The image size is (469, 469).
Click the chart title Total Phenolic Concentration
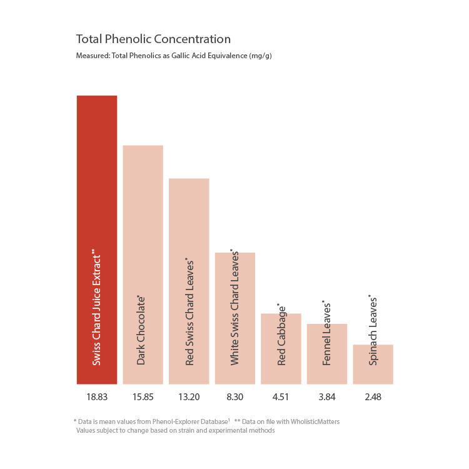[x=153, y=39]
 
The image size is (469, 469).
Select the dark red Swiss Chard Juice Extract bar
[x=97, y=188]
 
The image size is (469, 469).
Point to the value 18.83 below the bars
[x=97, y=396]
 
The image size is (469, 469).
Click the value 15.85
[x=143, y=396]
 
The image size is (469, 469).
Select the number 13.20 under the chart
[x=189, y=396]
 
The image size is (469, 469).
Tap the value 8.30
[x=235, y=396]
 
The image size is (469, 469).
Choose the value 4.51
[x=281, y=396]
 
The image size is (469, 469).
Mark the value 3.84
[x=327, y=396]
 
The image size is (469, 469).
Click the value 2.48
[x=373, y=396]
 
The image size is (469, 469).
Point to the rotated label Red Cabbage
[x=282, y=336]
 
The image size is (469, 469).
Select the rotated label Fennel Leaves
[x=327, y=335]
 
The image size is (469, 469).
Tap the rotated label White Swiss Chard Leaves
[x=235, y=308]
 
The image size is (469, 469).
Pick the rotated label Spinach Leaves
[x=373, y=331]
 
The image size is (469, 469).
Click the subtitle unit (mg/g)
[x=260, y=56]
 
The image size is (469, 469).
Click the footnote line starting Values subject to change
[x=176, y=430]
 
